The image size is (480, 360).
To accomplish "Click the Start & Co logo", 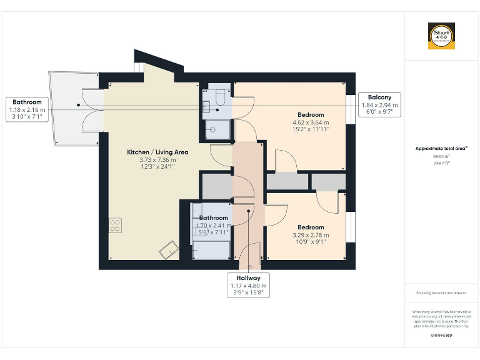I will click(x=441, y=36).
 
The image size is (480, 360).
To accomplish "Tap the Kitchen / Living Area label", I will click(x=157, y=152).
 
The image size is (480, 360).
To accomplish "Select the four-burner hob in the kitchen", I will click(x=116, y=225).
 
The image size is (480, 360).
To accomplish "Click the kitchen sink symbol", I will click(x=167, y=251).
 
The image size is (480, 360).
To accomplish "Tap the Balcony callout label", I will click(x=379, y=97).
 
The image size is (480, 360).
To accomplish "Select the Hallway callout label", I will click(x=248, y=277).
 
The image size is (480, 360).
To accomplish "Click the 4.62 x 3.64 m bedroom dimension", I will click(x=311, y=122).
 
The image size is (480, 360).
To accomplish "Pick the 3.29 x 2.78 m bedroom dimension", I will click(x=311, y=235).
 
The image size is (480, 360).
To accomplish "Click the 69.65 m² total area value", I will click(x=441, y=157).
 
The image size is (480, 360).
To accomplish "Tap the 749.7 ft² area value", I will click(x=441, y=163).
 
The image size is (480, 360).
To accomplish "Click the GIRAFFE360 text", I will click(x=441, y=336).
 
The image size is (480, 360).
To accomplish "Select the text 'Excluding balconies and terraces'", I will click(x=441, y=293).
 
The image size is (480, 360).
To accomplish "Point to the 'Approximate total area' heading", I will click(x=441, y=149).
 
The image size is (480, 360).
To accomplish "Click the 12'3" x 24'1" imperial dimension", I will click(x=157, y=167).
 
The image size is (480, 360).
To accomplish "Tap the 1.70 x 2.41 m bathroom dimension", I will click(x=214, y=226).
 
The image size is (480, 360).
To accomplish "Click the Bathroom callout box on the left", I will click(x=27, y=109).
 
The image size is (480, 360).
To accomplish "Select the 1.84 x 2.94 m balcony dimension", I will click(x=379, y=105).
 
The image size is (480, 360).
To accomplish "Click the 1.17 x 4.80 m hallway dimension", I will click(x=248, y=286).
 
